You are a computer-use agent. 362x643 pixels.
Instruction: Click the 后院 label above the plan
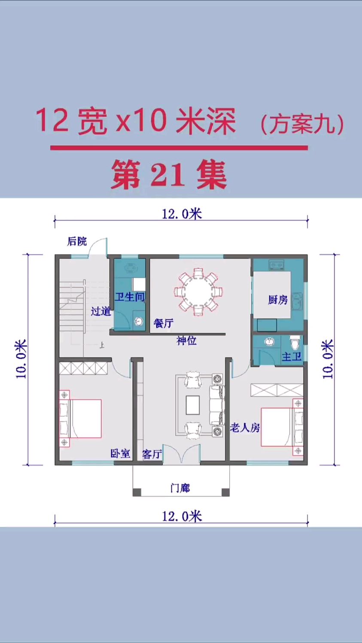pos(77,241)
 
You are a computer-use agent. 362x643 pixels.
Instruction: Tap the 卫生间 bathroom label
pos(130,297)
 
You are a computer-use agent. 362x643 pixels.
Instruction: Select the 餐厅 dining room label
pos(164,323)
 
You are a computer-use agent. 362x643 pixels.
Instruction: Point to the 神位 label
pos(186,341)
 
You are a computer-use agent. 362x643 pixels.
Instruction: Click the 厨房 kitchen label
pos(278,300)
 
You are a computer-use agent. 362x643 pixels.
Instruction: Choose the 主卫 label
pos(292,356)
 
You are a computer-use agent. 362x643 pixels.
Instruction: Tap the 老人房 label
pos(245,428)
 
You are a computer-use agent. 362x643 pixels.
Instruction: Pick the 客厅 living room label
pos(152,454)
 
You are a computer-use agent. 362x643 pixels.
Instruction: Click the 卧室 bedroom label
pos(120,453)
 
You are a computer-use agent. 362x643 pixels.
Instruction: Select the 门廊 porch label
pos(180,488)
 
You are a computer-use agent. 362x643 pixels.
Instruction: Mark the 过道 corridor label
pos(101,311)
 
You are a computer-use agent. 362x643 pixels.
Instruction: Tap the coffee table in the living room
pos(193,405)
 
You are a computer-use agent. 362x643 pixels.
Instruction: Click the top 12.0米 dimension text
pos(182,214)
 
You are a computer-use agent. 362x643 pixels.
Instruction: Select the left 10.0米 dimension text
pos(21,359)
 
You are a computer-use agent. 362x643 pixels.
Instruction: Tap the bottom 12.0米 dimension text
pos(182,516)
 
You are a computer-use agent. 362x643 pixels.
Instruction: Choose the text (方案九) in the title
pos(301,124)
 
